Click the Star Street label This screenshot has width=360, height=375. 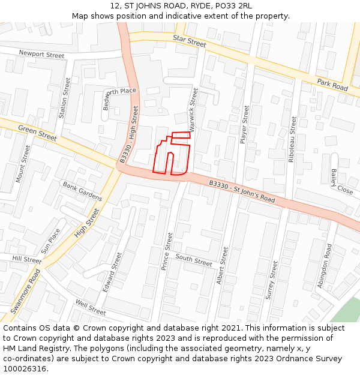point(189,41)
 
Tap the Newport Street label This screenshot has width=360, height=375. point(41,55)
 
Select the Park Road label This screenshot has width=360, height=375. point(332,85)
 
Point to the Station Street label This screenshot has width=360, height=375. point(65,97)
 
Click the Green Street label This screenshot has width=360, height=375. point(37,133)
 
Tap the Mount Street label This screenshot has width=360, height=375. point(23,163)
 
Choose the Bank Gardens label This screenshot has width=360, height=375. point(82,191)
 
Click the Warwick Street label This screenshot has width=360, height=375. point(193,109)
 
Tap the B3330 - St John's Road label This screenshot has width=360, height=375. point(242,191)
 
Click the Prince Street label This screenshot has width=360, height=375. point(167,251)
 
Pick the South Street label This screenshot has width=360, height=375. point(194,260)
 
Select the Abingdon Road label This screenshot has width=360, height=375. point(325,266)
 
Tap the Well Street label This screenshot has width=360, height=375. point(91,308)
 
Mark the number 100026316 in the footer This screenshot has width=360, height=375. point(24,369)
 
